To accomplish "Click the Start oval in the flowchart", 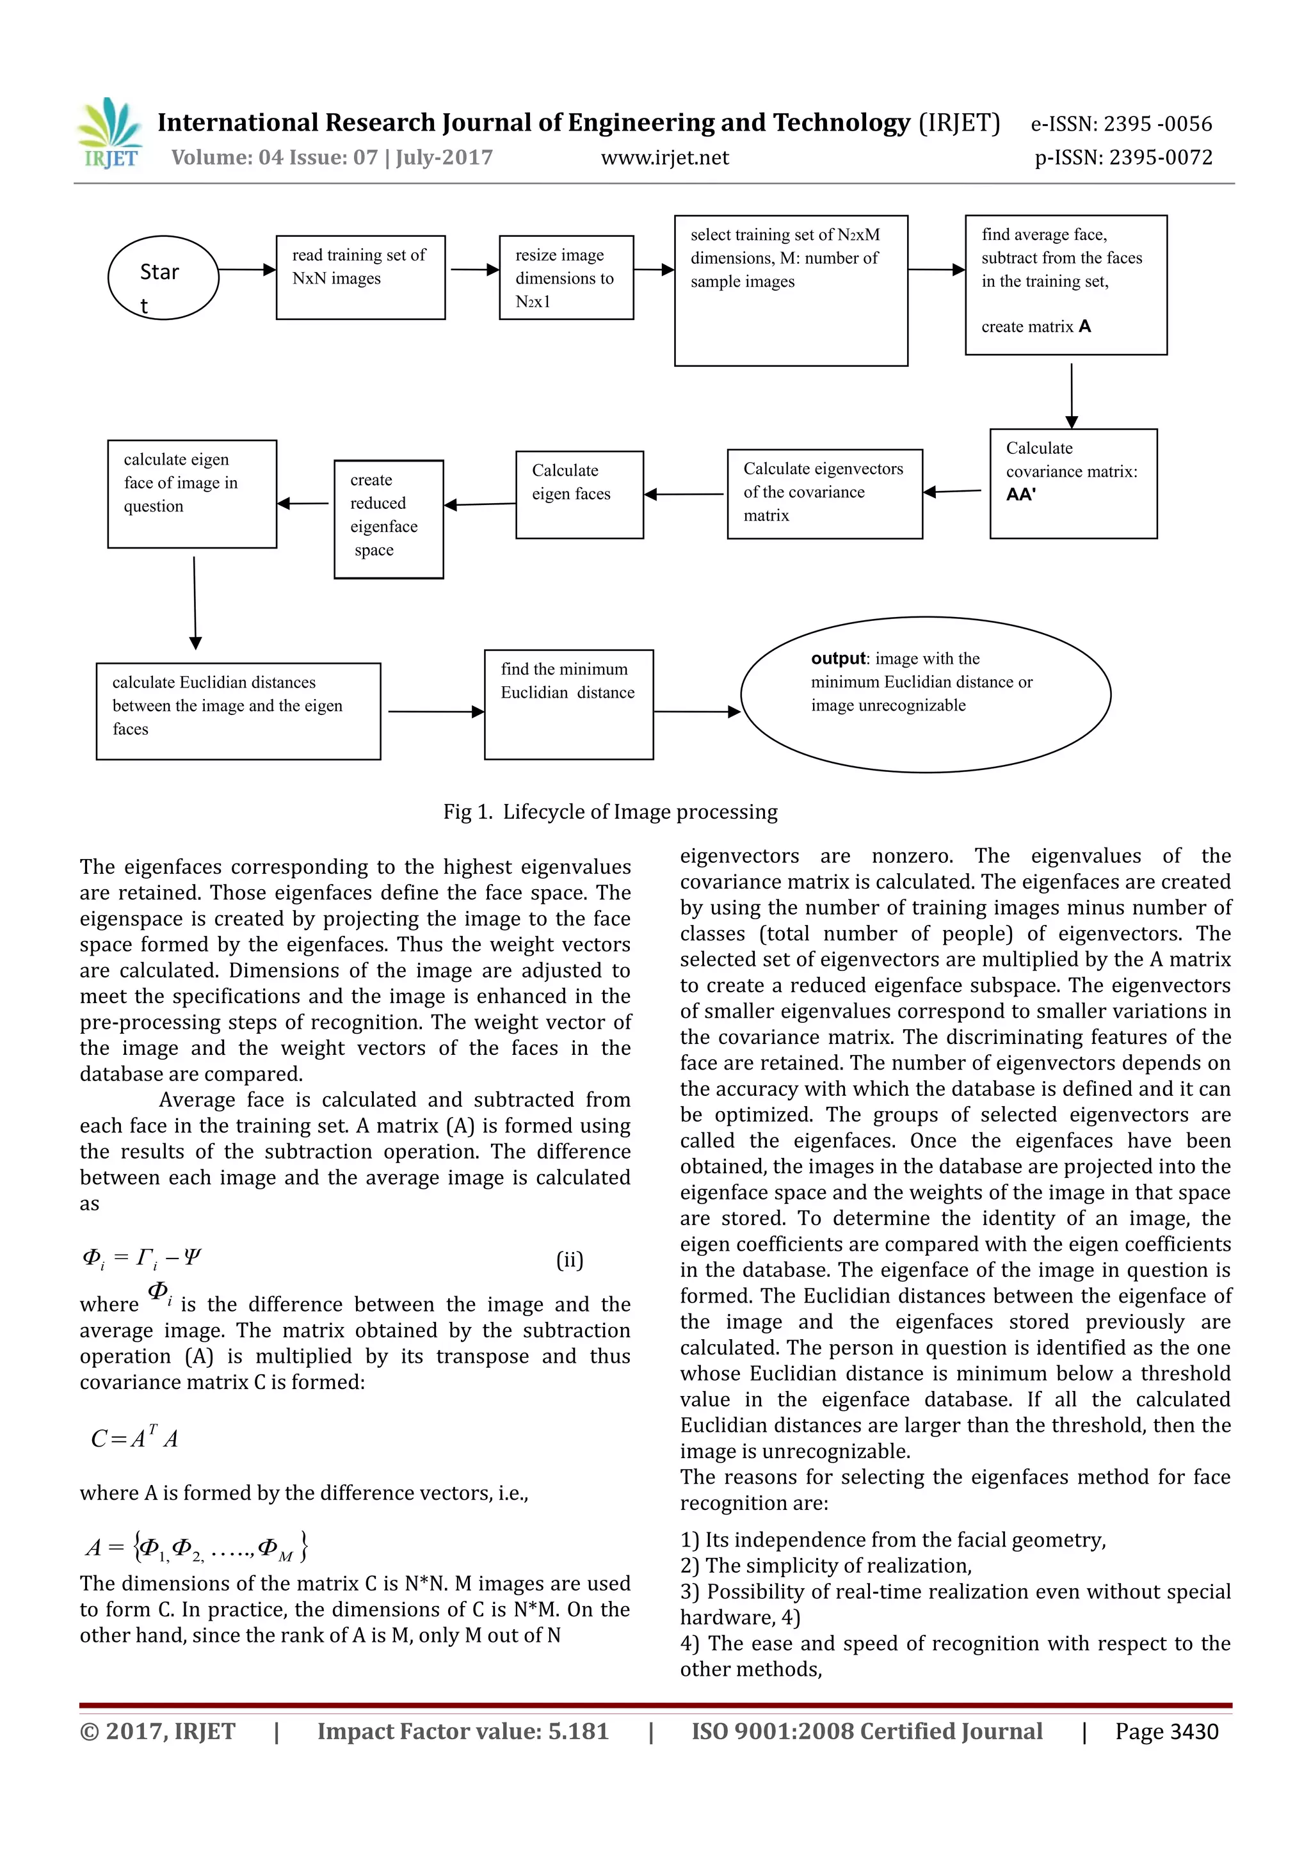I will pos(163,277).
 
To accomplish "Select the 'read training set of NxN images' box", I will pos(360,277).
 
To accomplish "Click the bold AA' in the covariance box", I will pos(1021,494).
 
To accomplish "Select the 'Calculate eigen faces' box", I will pos(579,494).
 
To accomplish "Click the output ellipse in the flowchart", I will pos(925,694).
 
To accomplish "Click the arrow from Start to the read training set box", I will pos(247,270).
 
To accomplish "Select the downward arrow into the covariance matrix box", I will pos(1071,395).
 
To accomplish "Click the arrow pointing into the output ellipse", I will pos(696,712).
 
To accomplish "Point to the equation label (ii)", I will pos(570,1260).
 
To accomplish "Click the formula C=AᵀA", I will pos(134,1439).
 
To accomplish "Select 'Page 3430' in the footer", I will pos(1166,1731).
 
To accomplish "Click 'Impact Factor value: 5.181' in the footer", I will pos(462,1731).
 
